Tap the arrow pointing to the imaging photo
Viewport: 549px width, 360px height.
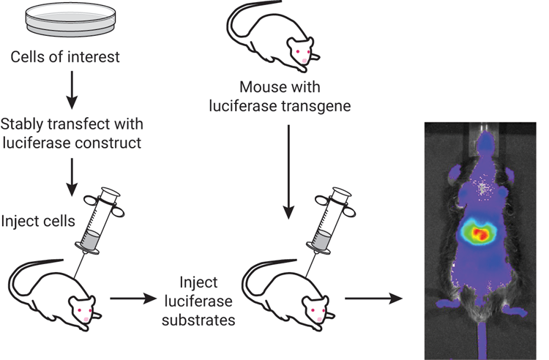[373, 299]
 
